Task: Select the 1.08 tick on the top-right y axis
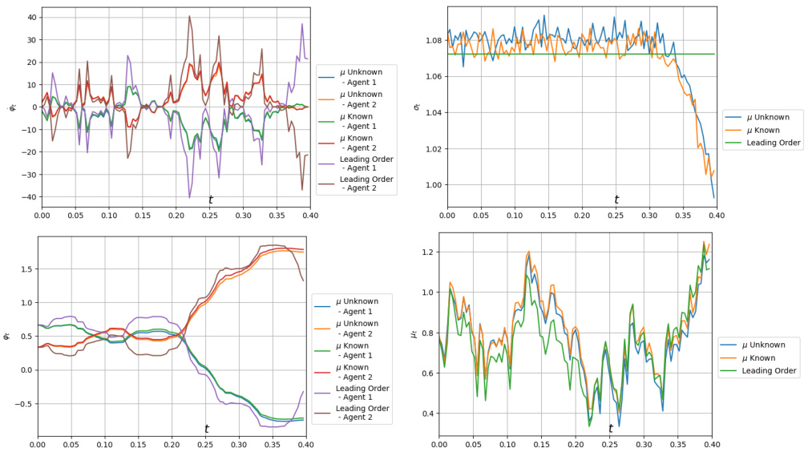click(434, 40)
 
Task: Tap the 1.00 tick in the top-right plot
click(434, 185)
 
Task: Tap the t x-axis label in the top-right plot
click(616, 200)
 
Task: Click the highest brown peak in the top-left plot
click(190, 16)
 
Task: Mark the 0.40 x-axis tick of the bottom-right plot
click(712, 442)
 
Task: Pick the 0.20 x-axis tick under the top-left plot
click(176, 215)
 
